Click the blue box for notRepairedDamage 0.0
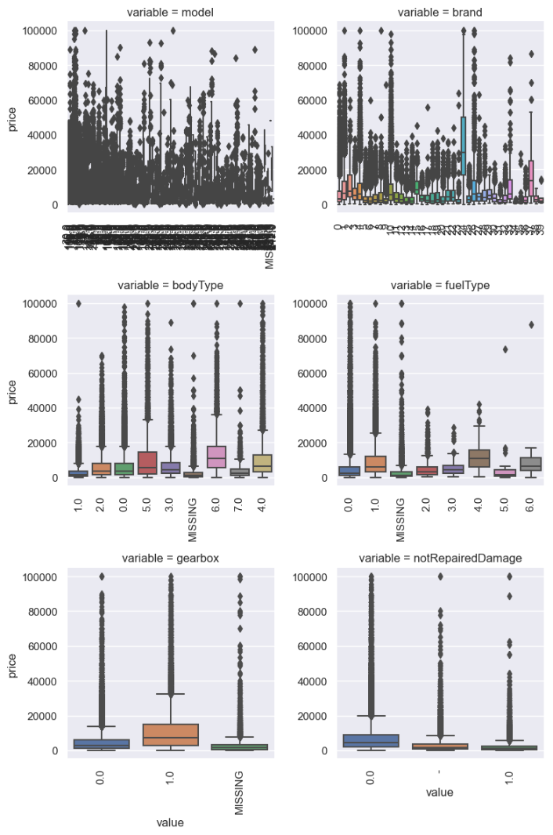click(370, 740)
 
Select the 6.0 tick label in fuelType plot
click(530, 499)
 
